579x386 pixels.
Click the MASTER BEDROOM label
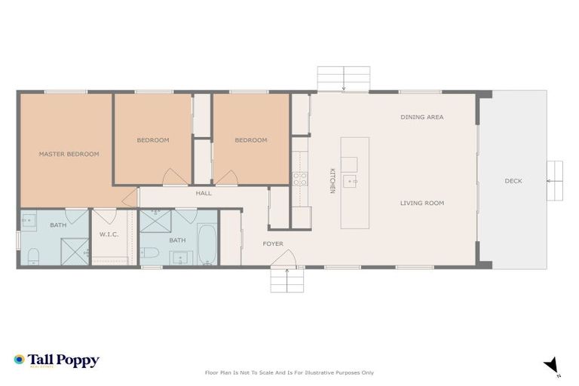(x=69, y=154)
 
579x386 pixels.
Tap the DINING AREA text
(x=421, y=117)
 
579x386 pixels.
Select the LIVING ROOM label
(x=421, y=203)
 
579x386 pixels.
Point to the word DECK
(x=513, y=181)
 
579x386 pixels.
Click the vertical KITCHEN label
(x=332, y=181)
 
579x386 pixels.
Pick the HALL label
(x=204, y=193)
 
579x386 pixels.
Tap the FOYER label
(x=272, y=244)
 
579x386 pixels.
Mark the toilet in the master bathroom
(x=31, y=257)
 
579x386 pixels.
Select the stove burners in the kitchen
(x=300, y=179)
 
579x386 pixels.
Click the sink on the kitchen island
(x=350, y=182)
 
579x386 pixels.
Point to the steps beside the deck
(x=556, y=181)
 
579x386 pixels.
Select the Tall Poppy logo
(x=57, y=360)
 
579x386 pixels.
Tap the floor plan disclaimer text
(x=289, y=372)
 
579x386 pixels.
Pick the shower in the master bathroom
(x=75, y=251)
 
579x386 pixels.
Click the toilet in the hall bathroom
(x=149, y=252)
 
